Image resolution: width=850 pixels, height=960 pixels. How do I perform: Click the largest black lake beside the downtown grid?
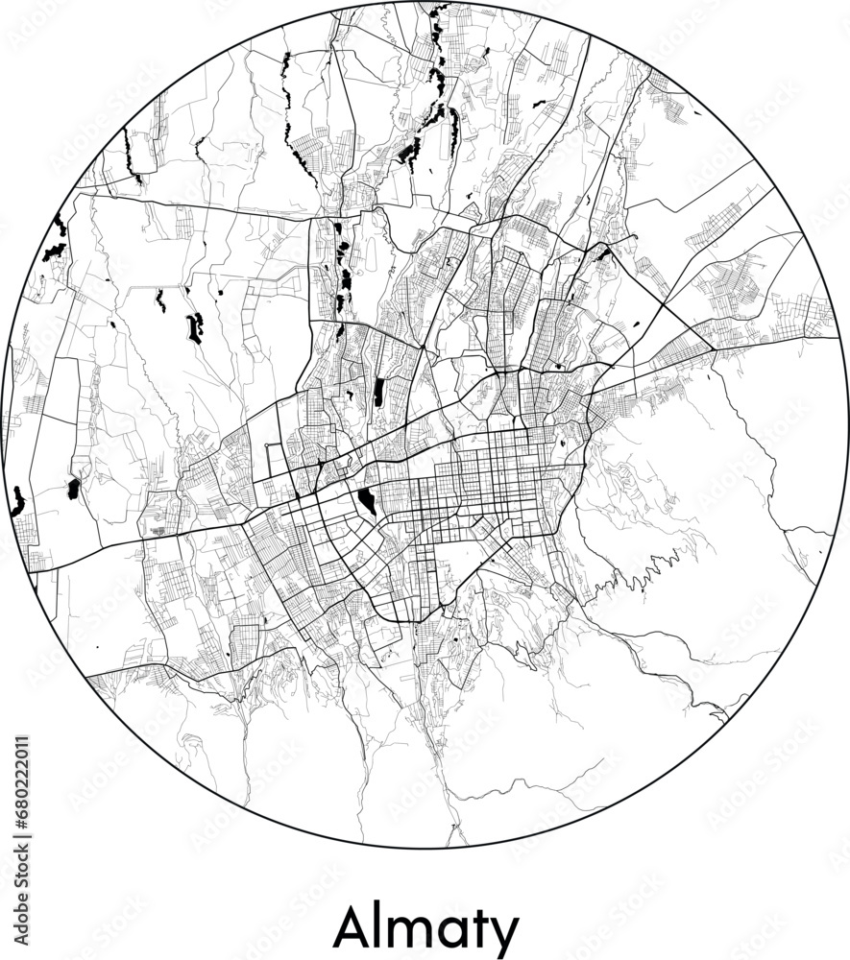tap(367, 500)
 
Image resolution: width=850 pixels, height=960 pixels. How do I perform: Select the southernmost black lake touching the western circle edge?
tap(17, 501)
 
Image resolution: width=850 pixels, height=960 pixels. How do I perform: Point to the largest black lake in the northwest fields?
tap(195, 327)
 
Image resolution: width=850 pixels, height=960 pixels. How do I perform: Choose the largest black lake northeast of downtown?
tap(603, 254)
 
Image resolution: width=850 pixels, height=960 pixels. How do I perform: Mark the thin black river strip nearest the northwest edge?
tap(130, 154)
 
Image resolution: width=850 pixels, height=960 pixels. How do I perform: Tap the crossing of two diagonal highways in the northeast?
tap(662, 305)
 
